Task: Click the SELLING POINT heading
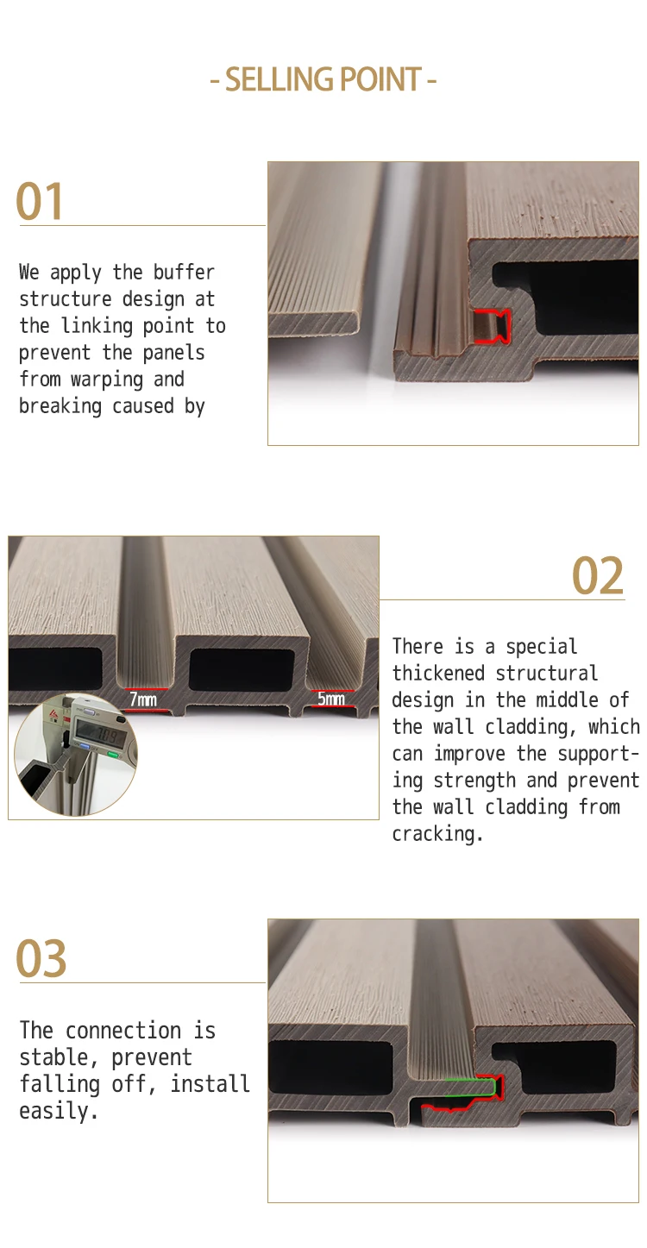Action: coord(323,79)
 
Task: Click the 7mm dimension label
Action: coord(143,699)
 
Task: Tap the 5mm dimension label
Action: coord(331,699)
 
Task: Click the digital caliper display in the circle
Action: coord(97,735)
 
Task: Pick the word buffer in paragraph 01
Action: coord(184,273)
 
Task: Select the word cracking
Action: coord(437,834)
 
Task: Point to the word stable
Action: coord(53,1057)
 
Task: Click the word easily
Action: coord(59,1111)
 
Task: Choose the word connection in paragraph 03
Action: coord(122,1031)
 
